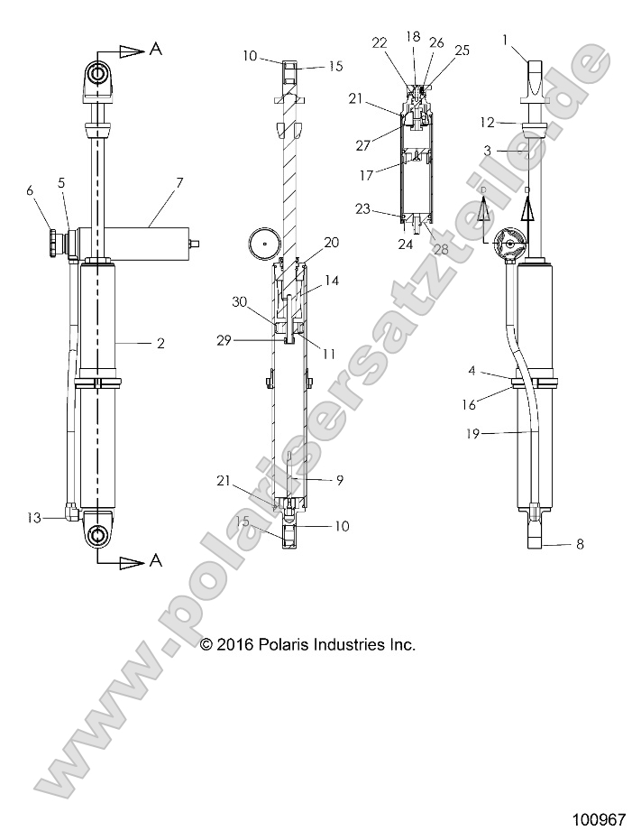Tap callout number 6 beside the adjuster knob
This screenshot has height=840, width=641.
point(30,190)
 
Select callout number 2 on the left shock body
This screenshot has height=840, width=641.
point(160,344)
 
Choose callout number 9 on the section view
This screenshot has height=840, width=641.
point(340,480)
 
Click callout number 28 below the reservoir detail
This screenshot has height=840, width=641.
point(441,248)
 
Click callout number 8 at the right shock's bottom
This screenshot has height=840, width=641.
point(580,544)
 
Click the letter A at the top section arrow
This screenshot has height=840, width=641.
point(155,51)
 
